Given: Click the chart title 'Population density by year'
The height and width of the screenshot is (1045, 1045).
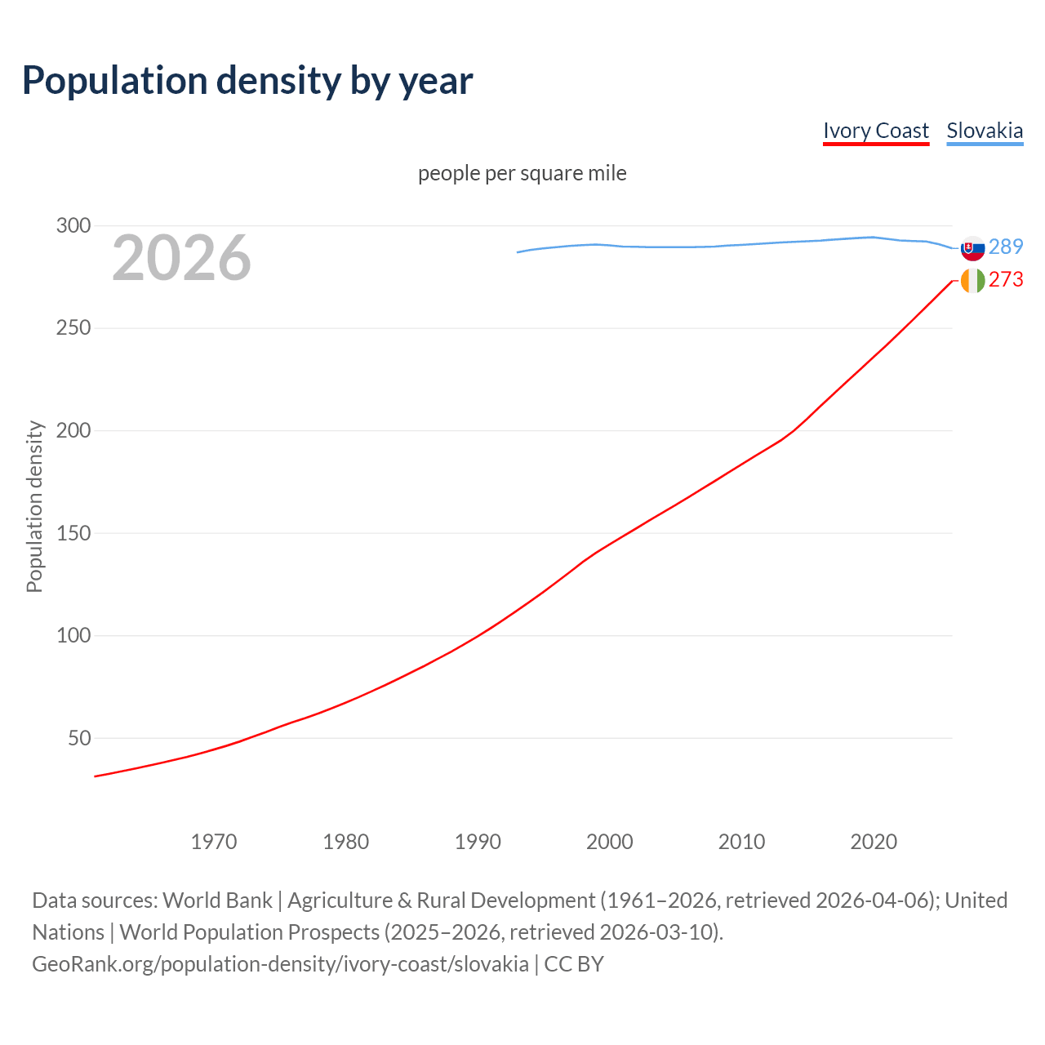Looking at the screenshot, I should click(247, 80).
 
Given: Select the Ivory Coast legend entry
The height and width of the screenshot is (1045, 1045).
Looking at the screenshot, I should click(875, 131).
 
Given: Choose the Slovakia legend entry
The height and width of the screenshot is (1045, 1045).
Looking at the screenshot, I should click(985, 131).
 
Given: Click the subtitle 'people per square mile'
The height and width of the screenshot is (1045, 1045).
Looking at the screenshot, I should click(522, 173).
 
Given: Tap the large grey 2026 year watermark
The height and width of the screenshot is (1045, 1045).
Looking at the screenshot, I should click(181, 258).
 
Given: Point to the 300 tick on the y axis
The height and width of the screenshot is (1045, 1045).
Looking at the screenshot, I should click(73, 226).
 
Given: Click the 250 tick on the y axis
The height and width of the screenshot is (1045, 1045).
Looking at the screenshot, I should click(73, 328).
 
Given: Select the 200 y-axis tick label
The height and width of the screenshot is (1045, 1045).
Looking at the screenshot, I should click(73, 430).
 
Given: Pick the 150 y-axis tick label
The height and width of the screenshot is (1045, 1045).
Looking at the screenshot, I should click(73, 533).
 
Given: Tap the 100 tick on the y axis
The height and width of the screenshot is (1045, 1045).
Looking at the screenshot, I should click(73, 635).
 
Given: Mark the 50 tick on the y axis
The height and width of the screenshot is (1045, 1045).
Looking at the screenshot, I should click(79, 738).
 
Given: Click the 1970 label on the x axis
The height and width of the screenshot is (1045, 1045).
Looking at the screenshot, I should click(214, 842).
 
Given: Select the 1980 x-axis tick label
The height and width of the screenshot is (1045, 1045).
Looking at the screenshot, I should click(346, 842).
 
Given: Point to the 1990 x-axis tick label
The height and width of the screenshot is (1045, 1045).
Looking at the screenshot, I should click(478, 842).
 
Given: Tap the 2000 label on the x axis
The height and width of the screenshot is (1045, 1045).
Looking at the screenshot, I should click(610, 842).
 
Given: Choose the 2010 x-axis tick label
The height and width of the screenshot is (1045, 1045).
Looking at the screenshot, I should click(741, 842).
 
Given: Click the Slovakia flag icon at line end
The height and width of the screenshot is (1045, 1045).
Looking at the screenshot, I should click(972, 247).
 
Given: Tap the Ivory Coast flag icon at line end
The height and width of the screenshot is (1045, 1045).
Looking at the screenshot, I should click(972, 280).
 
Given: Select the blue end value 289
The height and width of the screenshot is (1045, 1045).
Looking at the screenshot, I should click(1006, 247).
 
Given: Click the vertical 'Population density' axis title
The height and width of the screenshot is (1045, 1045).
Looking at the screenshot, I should click(34, 506).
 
